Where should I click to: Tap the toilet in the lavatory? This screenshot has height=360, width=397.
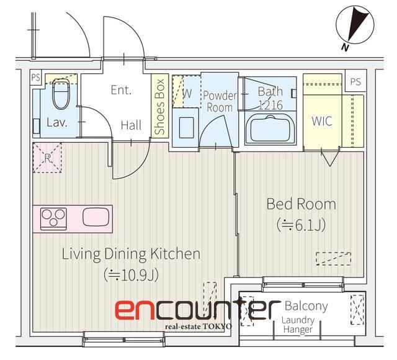pos(61,94)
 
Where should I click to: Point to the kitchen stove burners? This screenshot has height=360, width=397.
pos(54,218)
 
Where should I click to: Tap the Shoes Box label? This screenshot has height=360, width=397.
pos(160,106)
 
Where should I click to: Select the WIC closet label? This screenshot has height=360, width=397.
pos(321,121)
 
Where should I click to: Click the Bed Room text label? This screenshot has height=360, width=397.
pos(301,204)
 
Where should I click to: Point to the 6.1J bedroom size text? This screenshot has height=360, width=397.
pos(301,225)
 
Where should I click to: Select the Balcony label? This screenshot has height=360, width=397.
pos(306,307)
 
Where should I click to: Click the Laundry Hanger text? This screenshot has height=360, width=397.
pos(298,325)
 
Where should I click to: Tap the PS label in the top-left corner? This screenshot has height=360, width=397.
pos(35,78)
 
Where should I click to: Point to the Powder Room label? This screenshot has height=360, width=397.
pos(220,101)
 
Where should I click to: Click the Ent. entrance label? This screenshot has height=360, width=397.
pos(121,90)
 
